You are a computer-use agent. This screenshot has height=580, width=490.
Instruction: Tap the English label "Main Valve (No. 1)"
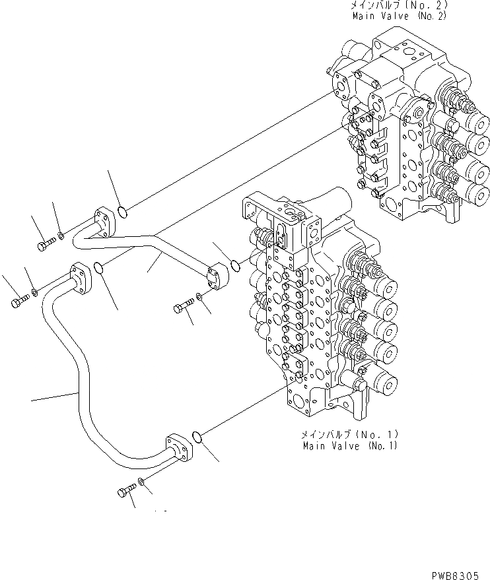[350, 446]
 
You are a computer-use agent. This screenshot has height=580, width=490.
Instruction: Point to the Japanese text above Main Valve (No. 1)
[350, 435]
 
